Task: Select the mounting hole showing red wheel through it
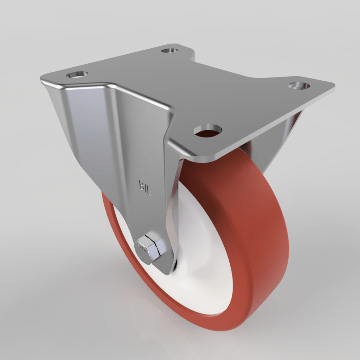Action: point(208,130)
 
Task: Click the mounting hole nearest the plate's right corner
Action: point(299,85)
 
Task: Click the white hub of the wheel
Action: point(202,252)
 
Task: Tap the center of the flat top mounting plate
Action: point(202,94)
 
